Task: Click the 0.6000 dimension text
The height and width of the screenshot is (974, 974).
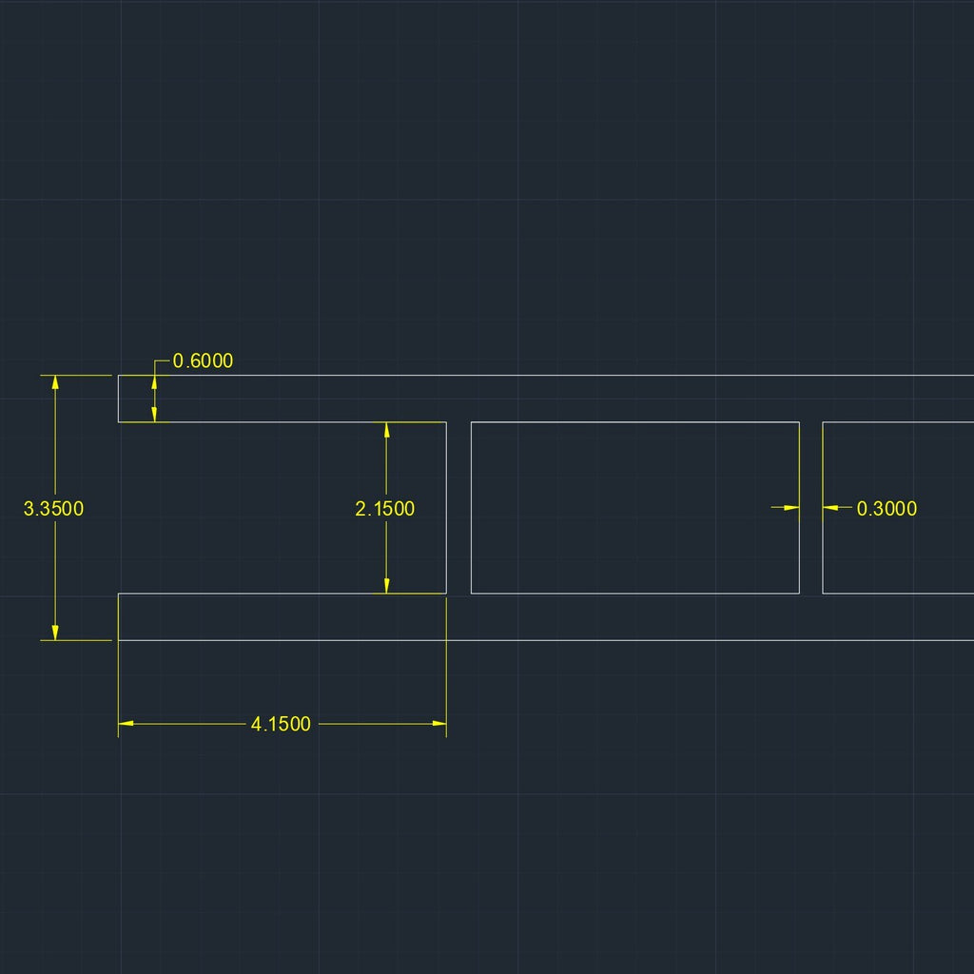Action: [203, 361]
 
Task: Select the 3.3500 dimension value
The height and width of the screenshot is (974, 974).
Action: [53, 508]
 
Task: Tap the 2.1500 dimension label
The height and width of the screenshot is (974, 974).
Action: [385, 509]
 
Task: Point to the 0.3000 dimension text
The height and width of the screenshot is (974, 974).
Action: [886, 509]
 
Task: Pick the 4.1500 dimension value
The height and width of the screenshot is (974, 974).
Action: [281, 724]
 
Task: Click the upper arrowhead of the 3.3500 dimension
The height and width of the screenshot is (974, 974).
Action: [55, 382]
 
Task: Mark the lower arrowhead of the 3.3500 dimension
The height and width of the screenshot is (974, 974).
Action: [55, 633]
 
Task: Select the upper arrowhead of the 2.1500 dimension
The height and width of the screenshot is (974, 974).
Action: [386, 429]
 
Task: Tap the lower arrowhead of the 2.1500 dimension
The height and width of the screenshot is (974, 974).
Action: [386, 586]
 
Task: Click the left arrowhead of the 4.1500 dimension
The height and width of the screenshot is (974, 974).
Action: [126, 724]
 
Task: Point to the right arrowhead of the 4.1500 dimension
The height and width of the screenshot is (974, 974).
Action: [439, 724]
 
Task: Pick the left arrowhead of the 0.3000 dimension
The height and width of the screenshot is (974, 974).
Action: [791, 508]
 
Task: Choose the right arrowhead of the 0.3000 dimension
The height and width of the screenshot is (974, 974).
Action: [830, 508]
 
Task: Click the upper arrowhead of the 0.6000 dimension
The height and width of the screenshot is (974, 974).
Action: [155, 382]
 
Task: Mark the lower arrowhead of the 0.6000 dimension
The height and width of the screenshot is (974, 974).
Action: [155, 414]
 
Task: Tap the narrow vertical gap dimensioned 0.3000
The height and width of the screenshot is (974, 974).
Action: [810, 552]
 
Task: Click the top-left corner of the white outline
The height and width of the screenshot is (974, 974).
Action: [118, 376]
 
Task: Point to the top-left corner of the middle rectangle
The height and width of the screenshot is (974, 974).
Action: [471, 422]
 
